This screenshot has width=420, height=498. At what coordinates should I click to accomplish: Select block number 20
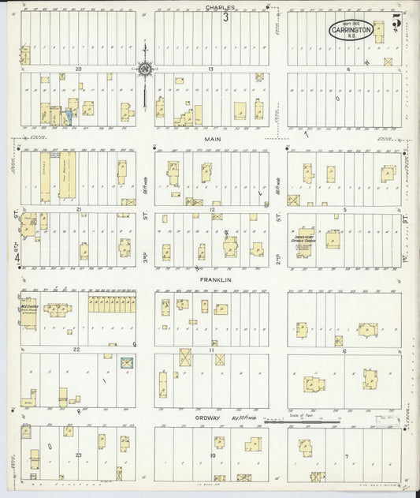coord(79,69)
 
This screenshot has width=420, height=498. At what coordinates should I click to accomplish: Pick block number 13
coord(211,69)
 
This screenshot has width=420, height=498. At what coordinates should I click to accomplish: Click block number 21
coord(80,209)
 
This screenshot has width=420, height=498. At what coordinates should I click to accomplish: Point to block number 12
coord(211,209)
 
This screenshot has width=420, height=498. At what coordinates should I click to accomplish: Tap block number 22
coord(77,349)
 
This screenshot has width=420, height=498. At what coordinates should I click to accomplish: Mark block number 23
coord(79,455)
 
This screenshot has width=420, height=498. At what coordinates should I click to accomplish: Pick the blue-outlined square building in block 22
coord(125,363)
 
